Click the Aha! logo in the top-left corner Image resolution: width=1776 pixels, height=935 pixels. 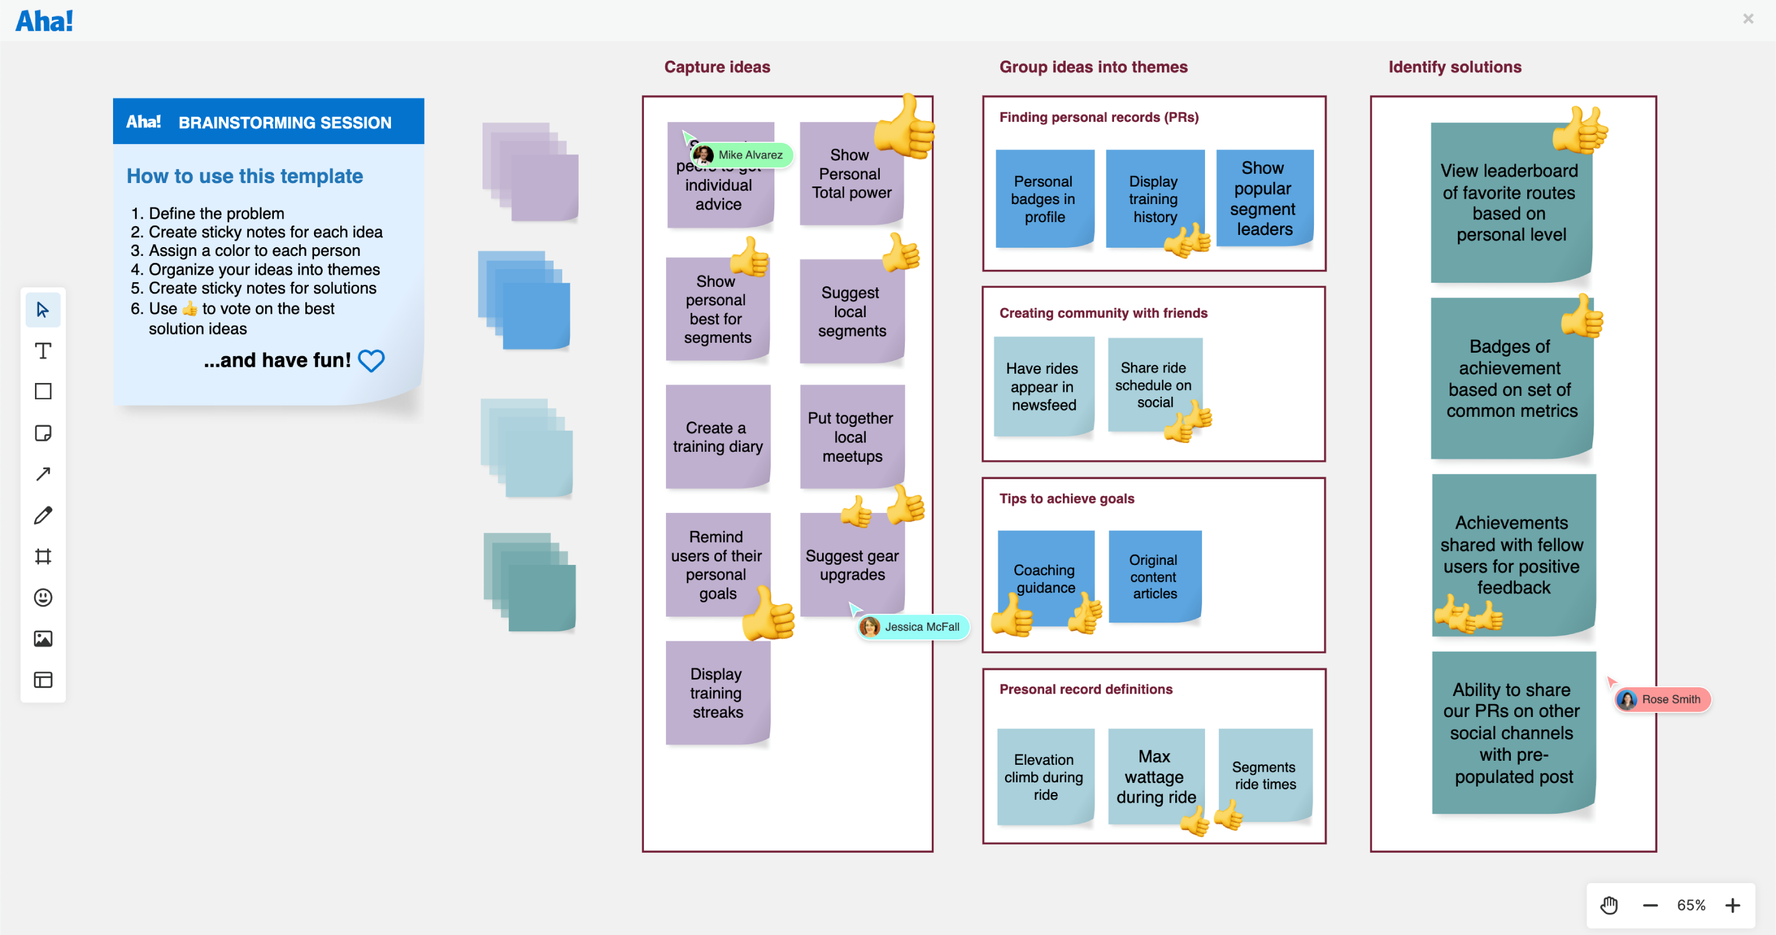click(44, 20)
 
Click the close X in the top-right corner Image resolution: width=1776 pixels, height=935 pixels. click(1747, 19)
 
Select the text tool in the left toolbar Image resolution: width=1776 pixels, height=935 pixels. click(43, 351)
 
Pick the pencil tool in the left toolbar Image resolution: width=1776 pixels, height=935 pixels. click(43, 515)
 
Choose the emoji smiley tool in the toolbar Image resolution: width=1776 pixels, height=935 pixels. click(43, 597)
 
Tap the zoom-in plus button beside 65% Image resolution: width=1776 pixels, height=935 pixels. click(1732, 905)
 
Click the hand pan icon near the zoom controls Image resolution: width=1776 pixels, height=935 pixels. click(1609, 905)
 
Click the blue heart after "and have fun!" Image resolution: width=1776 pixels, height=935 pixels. click(371, 361)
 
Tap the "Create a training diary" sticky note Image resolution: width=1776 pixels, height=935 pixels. click(718, 437)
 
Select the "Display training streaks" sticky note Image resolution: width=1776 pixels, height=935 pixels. click(717, 693)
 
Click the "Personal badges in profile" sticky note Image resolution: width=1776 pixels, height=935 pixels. click(1044, 199)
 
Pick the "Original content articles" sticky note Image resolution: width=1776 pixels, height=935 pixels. click(1154, 576)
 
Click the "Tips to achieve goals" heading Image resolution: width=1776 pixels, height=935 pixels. click(1066, 498)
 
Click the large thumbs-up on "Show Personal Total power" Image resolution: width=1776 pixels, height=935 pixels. click(906, 128)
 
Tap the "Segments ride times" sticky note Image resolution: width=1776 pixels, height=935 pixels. click(1264, 775)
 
